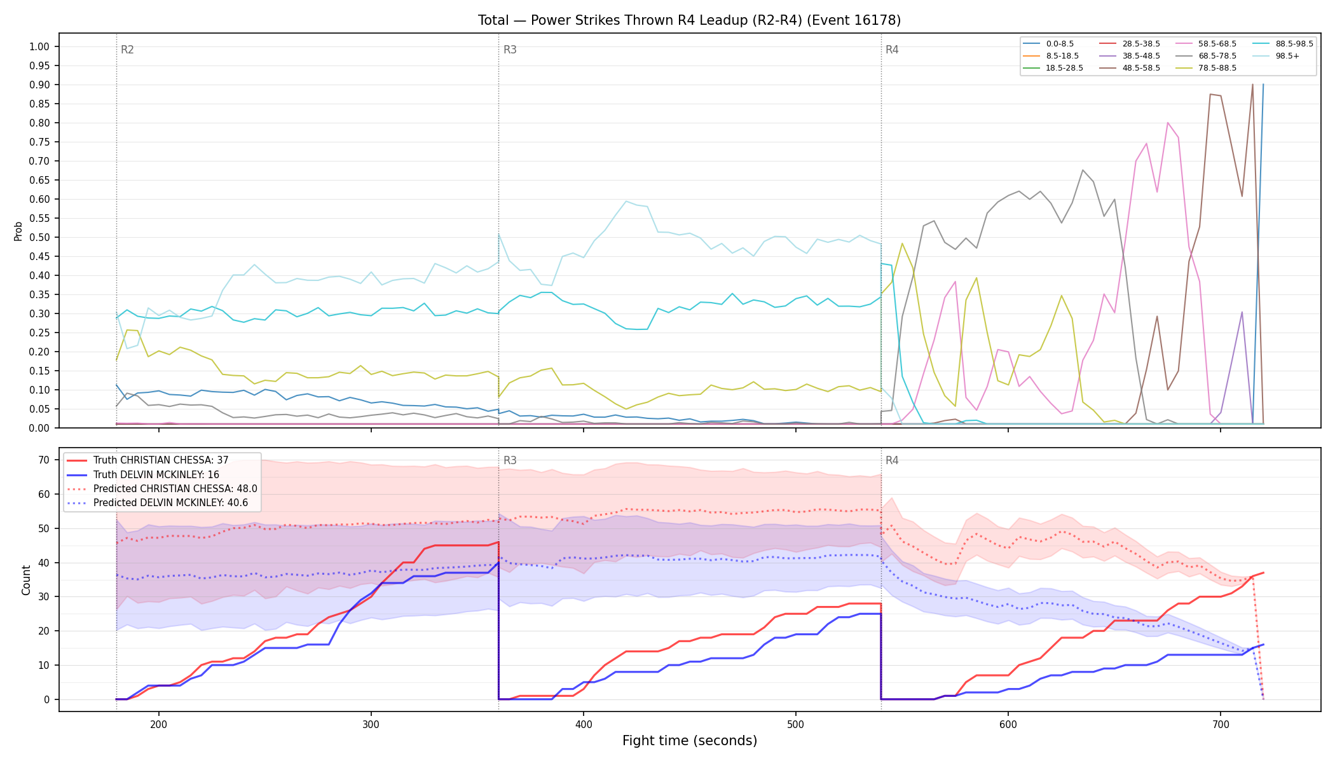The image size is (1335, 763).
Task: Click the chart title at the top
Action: pyautogui.click(x=689, y=20)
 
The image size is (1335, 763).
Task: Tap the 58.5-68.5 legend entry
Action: pyautogui.click(x=1205, y=44)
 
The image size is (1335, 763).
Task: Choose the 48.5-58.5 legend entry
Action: pyautogui.click(x=1129, y=68)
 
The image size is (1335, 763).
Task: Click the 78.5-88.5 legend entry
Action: pyautogui.click(x=1205, y=68)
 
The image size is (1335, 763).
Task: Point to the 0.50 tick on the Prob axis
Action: pyautogui.click(x=39, y=237)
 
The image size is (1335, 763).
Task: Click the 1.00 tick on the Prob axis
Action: pyautogui.click(x=39, y=46)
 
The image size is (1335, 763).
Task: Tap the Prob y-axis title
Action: pyautogui.click(x=18, y=231)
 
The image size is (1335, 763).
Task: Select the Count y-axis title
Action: pyautogui.click(x=26, y=580)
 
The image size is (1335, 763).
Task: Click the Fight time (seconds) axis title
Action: pyautogui.click(x=690, y=741)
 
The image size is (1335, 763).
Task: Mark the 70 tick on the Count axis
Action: pyautogui.click(x=44, y=460)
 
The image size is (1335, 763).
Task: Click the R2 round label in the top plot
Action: pyautogui.click(x=127, y=50)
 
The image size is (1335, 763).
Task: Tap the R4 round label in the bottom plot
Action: pyautogui.click(x=892, y=460)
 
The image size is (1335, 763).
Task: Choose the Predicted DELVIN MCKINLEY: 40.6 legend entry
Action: pyautogui.click(x=162, y=503)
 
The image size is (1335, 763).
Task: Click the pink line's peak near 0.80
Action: pyautogui.click(x=1168, y=123)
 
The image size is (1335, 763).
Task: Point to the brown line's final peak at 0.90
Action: pyautogui.click(x=1252, y=85)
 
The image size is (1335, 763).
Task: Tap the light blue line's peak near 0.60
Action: pyautogui.click(x=626, y=201)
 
